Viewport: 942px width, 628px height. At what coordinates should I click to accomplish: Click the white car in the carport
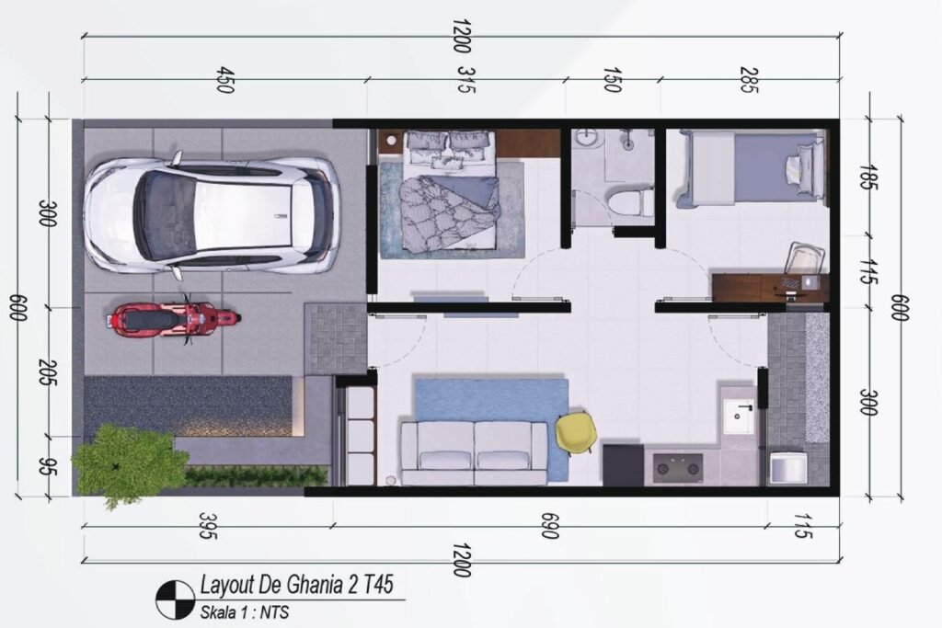211,215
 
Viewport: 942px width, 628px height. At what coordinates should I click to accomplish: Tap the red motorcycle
173,318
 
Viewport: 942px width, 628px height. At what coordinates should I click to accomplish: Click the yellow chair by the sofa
576,431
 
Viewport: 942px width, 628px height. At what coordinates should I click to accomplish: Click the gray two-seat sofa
475,452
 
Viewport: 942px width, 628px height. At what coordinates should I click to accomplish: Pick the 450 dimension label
224,80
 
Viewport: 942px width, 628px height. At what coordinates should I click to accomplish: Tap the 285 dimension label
749,80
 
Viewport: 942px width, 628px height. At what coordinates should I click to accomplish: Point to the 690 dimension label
549,525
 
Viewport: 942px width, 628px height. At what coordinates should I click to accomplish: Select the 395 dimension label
207,525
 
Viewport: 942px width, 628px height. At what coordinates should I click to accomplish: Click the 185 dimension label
866,177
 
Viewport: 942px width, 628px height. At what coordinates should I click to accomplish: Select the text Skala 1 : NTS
245,613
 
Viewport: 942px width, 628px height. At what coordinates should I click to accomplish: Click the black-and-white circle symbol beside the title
175,600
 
